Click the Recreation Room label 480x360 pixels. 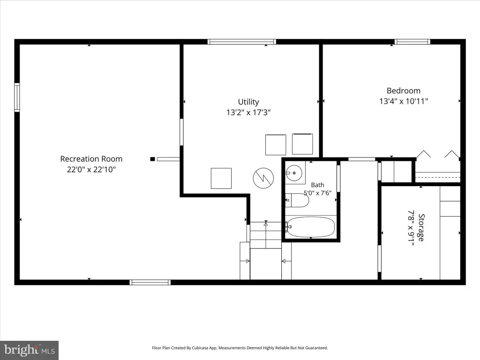pos(91,159)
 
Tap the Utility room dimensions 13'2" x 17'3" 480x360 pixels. pos(248,112)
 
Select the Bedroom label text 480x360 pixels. pos(404,90)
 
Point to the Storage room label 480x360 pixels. pos(421,228)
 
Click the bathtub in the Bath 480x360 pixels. pos(311,227)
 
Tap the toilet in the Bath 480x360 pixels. pos(297,200)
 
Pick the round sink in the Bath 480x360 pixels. pos(294,173)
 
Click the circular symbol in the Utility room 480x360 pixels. pos(263,178)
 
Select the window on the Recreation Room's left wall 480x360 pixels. pos(17,97)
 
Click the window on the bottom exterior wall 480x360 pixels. pos(150,282)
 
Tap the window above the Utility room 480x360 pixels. pos(242,42)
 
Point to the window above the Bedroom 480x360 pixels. pos(412,42)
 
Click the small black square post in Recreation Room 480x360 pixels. pos(152,159)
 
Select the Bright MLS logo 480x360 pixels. pos(30,350)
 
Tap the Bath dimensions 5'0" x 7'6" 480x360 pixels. pos(317,193)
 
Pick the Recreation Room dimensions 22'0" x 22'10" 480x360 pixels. pos(91,169)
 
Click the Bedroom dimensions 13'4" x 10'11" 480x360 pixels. pos(404,101)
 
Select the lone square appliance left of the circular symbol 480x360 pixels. pos(221,178)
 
